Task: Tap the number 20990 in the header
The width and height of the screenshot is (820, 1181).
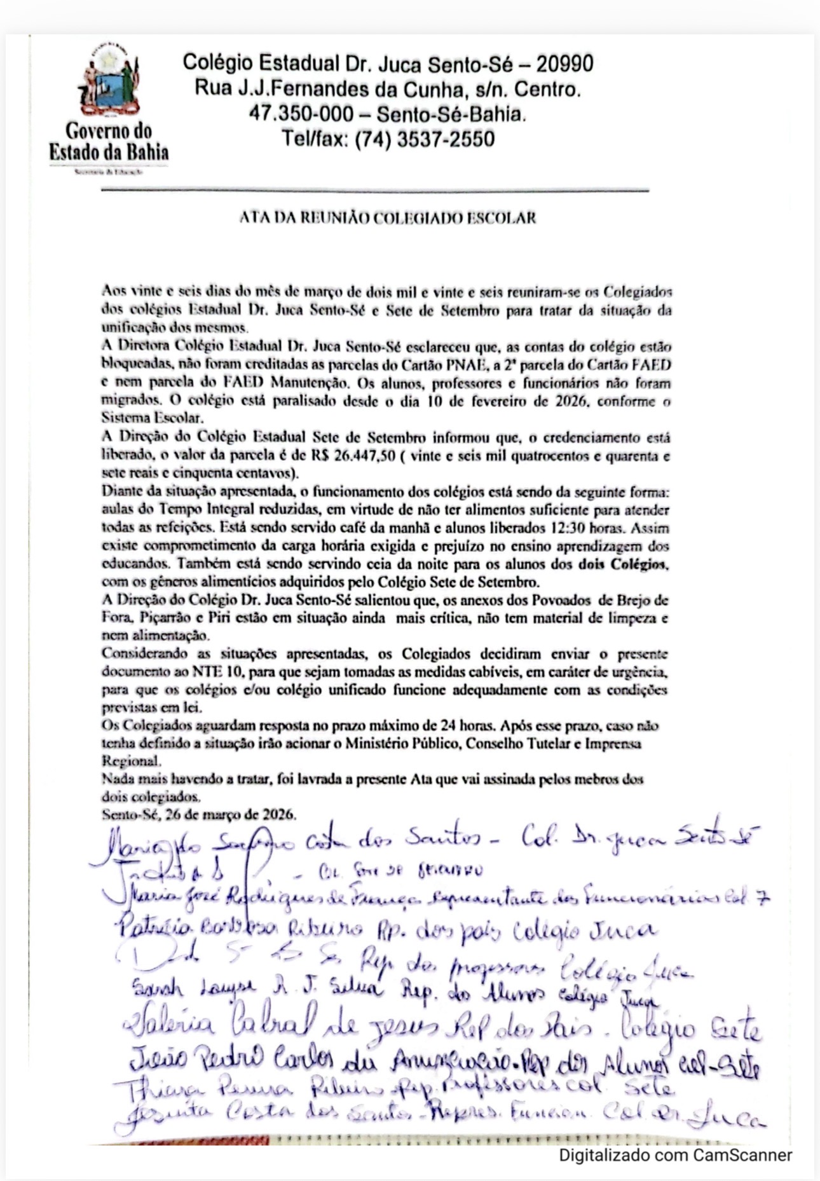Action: (564, 64)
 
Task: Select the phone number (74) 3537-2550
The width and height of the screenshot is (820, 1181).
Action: (424, 139)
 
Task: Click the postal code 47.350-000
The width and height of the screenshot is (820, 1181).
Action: (301, 114)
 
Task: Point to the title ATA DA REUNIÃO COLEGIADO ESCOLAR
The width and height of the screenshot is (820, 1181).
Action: (388, 217)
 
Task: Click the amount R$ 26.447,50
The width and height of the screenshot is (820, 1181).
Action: (353, 456)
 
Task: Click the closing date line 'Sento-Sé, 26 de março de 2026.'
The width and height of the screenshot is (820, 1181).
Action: (199, 814)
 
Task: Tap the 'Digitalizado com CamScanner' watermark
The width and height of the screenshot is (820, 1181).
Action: (675, 1154)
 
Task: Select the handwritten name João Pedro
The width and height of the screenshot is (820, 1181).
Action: (178, 1059)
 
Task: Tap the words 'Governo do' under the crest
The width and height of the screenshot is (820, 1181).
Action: (109, 130)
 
